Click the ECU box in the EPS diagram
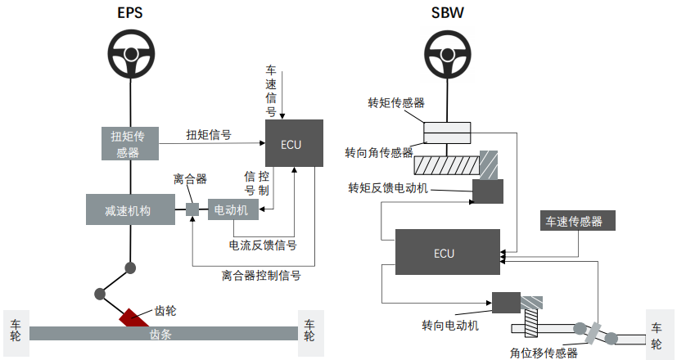point(292,144)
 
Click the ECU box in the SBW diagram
point(447,252)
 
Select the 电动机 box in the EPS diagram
point(233,209)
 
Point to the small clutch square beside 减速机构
point(192,209)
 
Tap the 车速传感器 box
point(575,221)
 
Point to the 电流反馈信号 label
point(262,245)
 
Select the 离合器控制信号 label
point(261,275)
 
